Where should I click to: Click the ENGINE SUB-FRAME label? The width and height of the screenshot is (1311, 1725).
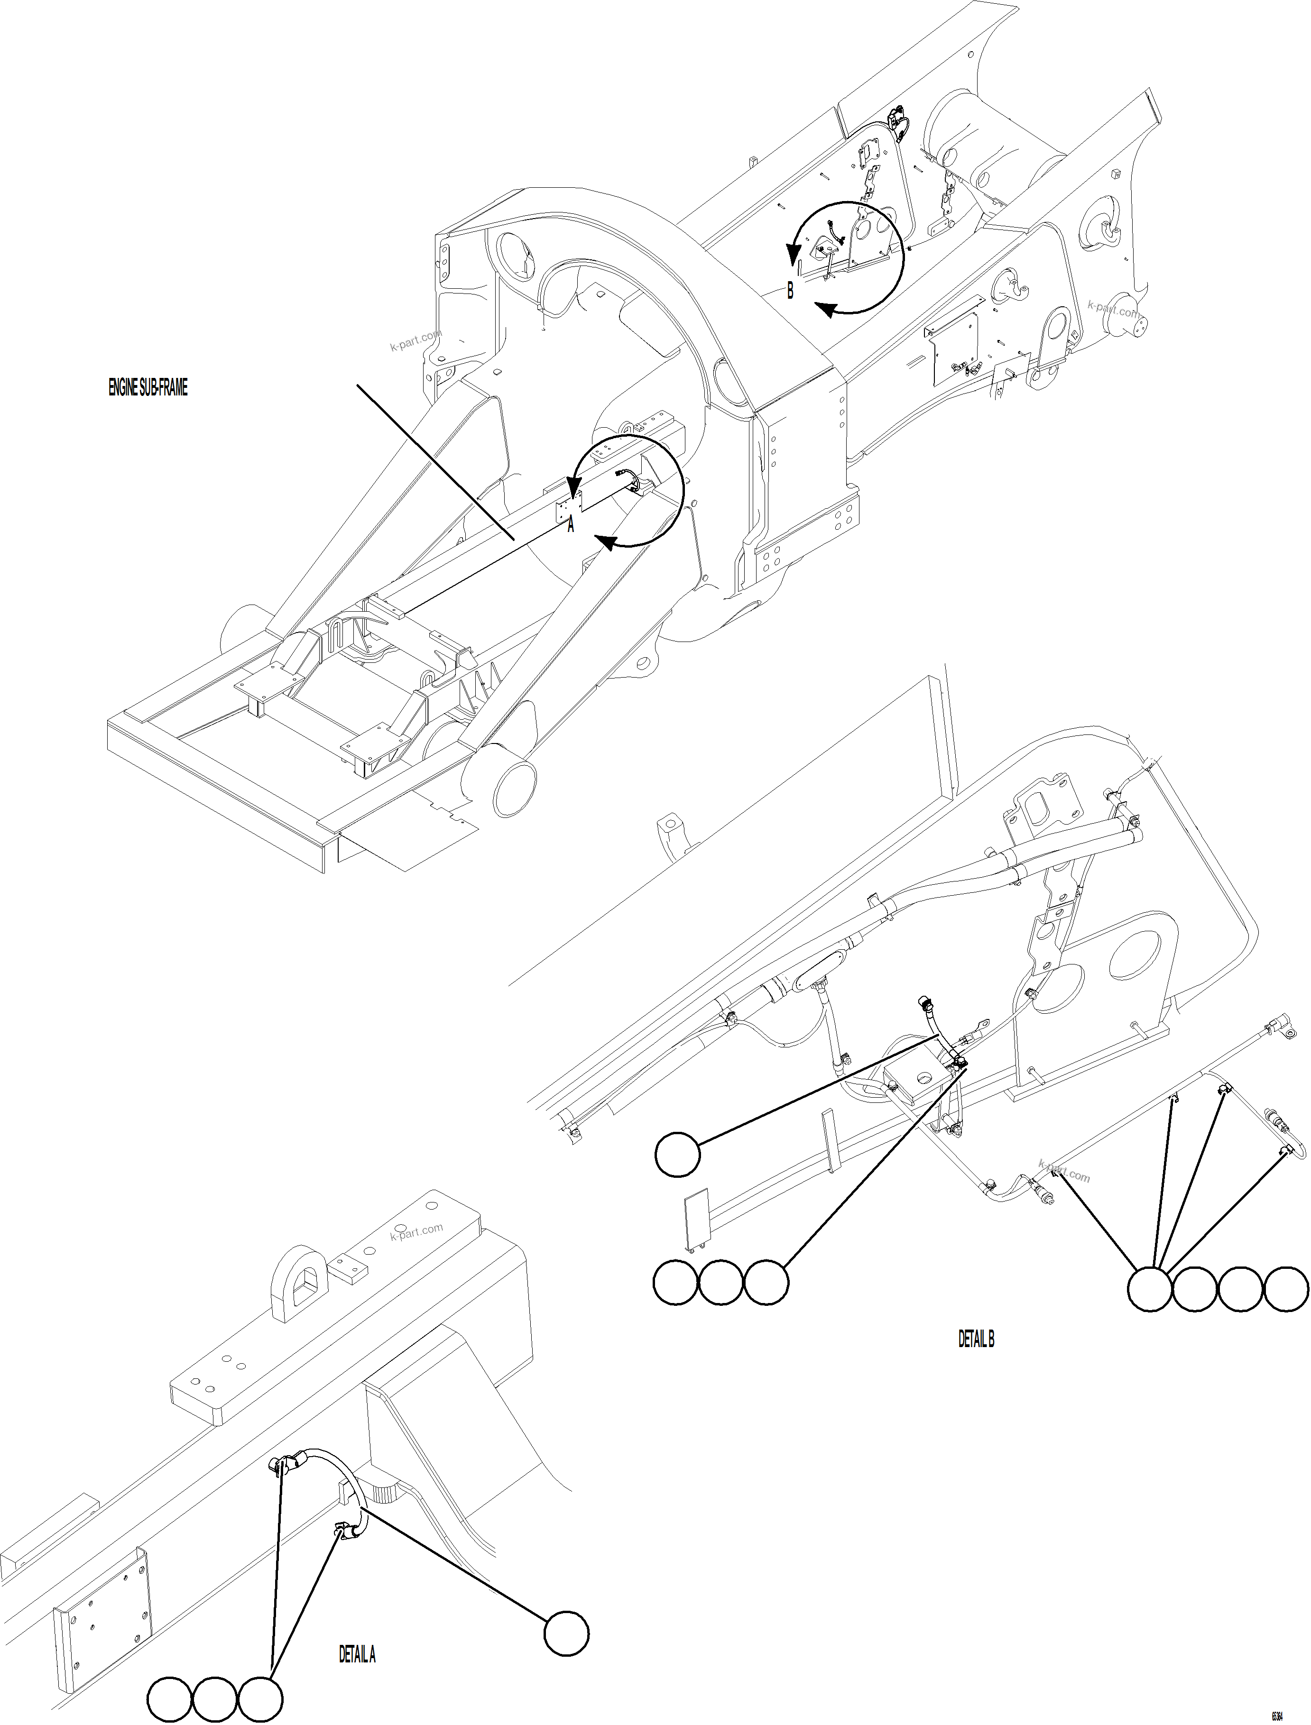(148, 388)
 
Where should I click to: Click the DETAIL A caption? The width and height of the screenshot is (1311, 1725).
(357, 1654)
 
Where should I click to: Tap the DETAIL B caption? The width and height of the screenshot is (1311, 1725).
(976, 1339)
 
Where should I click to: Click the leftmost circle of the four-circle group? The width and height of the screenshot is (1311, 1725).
(1149, 1288)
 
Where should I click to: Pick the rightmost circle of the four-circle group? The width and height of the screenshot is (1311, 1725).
(1285, 1288)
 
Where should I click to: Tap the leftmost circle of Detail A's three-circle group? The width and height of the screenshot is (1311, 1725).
(169, 1699)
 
